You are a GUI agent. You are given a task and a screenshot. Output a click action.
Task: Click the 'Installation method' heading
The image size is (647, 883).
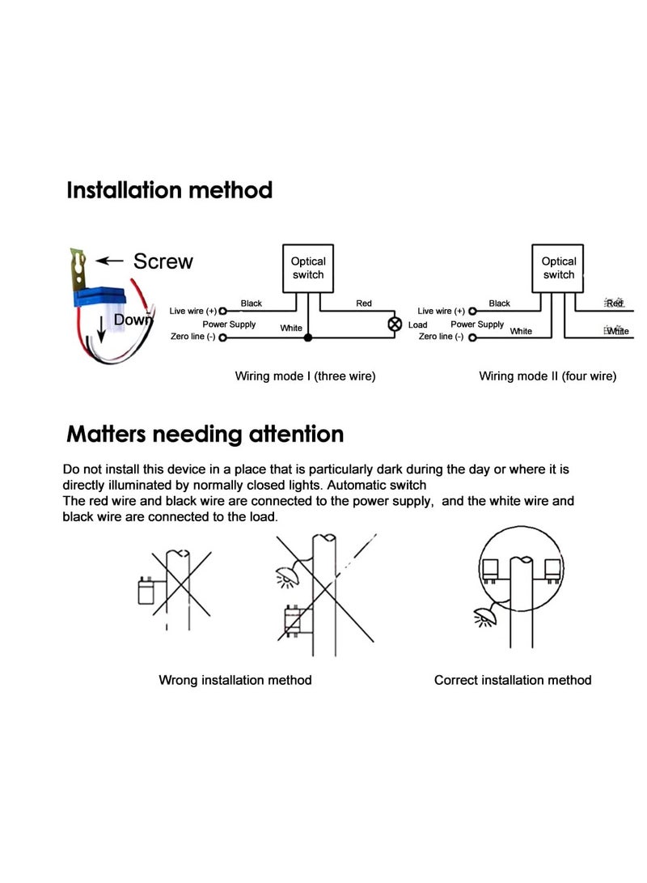(x=169, y=191)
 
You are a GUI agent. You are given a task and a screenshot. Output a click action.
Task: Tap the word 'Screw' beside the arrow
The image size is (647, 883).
(x=163, y=261)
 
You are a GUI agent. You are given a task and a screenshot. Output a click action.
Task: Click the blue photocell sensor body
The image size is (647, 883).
(x=106, y=299)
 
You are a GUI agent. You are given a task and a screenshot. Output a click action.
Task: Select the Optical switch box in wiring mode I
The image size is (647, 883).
(x=307, y=268)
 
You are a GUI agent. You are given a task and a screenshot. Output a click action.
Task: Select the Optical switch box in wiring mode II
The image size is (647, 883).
(x=558, y=268)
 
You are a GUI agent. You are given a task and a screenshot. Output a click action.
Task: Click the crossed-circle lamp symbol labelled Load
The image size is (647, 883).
(x=395, y=324)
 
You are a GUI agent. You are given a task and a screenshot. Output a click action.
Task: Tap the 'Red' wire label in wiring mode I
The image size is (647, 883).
(x=364, y=304)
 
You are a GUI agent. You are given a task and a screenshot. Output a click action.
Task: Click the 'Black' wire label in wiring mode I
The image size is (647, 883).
(x=252, y=304)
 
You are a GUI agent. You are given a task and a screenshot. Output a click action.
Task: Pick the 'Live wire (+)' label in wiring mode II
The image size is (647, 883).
(x=441, y=311)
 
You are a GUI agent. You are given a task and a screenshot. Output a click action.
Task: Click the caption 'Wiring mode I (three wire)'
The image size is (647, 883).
(x=305, y=376)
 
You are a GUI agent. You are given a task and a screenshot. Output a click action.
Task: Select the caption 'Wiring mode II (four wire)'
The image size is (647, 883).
(x=548, y=376)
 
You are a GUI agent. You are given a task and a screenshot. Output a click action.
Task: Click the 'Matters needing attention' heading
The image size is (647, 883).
(x=205, y=434)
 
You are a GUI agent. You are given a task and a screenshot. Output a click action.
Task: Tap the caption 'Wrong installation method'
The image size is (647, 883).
(x=235, y=680)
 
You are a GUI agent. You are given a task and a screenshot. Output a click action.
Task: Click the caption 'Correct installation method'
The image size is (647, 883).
(x=513, y=680)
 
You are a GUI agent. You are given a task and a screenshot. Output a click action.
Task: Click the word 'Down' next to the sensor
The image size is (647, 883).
(x=133, y=320)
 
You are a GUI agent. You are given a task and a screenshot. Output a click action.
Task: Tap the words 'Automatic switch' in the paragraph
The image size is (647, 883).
(x=378, y=485)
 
